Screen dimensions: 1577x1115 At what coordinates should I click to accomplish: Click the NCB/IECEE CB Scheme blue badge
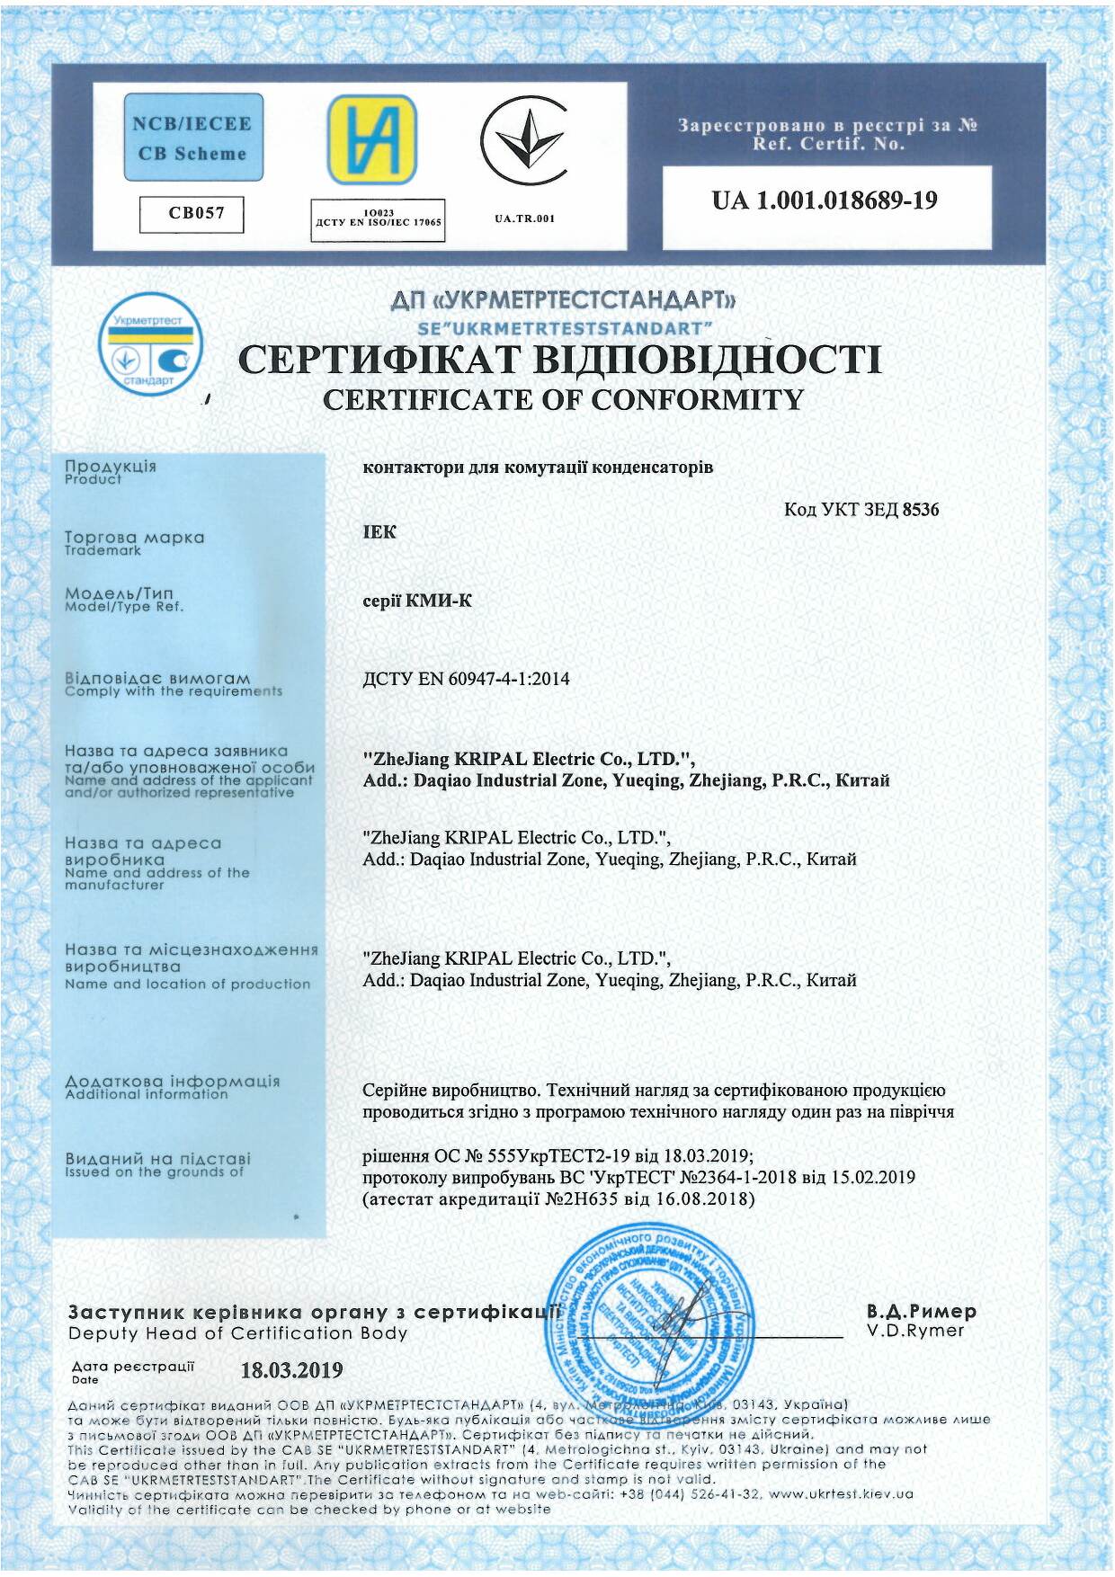[x=193, y=138]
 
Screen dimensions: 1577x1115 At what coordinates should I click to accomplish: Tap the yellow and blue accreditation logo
[x=371, y=139]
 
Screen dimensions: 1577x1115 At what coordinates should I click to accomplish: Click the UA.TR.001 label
[x=524, y=218]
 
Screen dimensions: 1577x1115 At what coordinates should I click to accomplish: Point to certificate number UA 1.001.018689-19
[x=825, y=200]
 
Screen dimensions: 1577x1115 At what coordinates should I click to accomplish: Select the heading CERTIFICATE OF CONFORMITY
[x=563, y=400]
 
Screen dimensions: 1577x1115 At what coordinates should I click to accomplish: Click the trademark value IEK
[x=379, y=532]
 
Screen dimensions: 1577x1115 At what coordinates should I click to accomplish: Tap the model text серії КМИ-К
[x=417, y=601]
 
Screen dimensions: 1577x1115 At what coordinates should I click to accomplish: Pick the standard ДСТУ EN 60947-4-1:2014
[x=466, y=679]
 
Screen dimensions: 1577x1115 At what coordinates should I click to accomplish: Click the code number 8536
[x=921, y=510]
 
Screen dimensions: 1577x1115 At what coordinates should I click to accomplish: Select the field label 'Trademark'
[x=103, y=551]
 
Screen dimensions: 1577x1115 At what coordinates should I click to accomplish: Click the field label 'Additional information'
[x=147, y=1095]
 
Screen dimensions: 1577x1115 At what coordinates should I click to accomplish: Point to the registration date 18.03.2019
[x=291, y=1370]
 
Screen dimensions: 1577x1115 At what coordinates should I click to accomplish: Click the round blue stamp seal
[x=651, y=1311]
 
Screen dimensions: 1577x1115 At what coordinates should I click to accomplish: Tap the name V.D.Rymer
[x=915, y=1331]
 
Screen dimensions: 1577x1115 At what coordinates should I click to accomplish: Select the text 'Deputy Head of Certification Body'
[x=237, y=1333]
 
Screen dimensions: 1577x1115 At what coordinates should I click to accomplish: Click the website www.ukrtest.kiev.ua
[x=841, y=1493]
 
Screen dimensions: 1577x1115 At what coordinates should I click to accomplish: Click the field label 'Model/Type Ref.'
[x=124, y=607]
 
